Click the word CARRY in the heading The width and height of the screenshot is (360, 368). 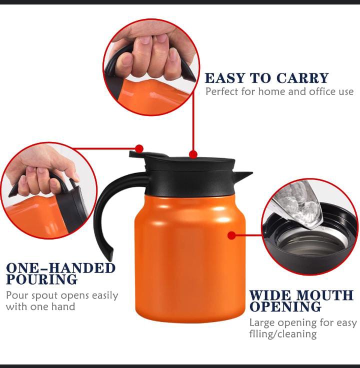[302, 78]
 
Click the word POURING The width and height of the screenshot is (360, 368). [42, 279]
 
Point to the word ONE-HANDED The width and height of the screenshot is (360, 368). [61, 268]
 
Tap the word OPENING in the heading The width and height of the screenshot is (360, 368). [285, 306]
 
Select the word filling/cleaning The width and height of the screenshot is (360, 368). [283, 334]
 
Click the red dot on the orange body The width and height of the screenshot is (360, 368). [231, 235]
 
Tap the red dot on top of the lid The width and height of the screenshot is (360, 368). [193, 154]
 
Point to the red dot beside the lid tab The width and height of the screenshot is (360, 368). [139, 148]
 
